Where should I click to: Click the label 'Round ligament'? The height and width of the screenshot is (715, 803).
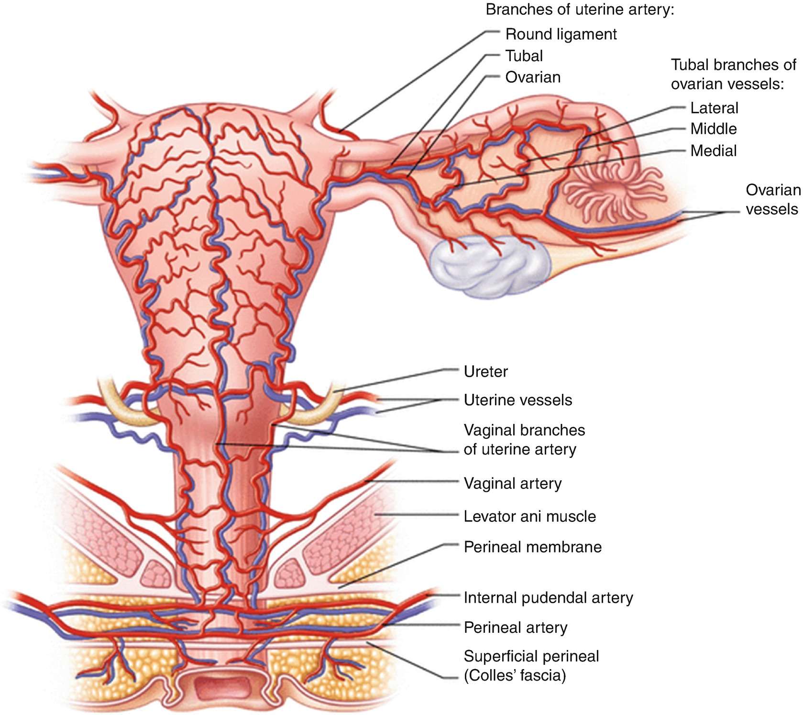click(561, 34)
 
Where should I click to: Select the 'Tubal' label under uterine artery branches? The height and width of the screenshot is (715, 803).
click(524, 56)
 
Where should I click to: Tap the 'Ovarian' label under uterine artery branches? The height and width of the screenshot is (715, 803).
click(532, 77)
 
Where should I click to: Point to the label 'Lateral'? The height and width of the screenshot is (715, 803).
click(714, 108)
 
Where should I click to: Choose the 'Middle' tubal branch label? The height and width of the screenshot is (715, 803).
click(713, 129)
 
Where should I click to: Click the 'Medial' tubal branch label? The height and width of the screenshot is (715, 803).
click(713, 151)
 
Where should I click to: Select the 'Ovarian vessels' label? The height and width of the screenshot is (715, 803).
click(772, 199)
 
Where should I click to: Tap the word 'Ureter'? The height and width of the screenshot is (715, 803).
click(485, 371)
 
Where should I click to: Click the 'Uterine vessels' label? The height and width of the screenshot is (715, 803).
click(517, 400)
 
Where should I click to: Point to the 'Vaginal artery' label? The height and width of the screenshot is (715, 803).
click(512, 483)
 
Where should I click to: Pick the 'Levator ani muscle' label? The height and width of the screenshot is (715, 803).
click(529, 516)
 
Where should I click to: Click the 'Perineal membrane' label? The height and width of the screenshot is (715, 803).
click(532, 547)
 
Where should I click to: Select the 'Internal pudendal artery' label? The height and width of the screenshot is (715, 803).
click(548, 597)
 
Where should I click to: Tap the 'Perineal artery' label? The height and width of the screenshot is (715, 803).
click(515, 627)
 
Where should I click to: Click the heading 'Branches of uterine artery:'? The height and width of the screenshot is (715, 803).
click(580, 10)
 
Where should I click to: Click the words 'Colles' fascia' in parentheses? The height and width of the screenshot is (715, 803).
click(515, 675)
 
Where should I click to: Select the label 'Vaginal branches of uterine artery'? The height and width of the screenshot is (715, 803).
click(524, 440)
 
